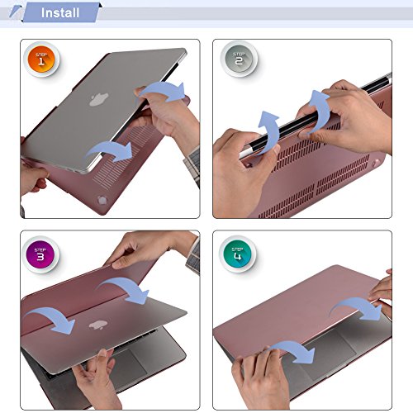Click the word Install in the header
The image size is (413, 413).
[x=60, y=13]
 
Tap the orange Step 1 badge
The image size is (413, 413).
[x=41, y=59]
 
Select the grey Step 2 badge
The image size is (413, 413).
[x=239, y=59]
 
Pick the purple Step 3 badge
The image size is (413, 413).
[x=40, y=254]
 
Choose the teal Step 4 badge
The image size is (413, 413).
[x=237, y=254]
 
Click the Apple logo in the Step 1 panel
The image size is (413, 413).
[x=98, y=99]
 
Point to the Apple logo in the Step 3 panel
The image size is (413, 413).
[x=98, y=325]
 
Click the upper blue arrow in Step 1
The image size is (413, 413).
[x=163, y=88]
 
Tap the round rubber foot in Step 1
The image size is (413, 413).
[x=102, y=200]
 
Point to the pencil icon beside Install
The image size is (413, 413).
[x=16, y=12]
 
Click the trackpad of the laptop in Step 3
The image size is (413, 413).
[x=129, y=364]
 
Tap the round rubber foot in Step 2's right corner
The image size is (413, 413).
[x=375, y=164]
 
